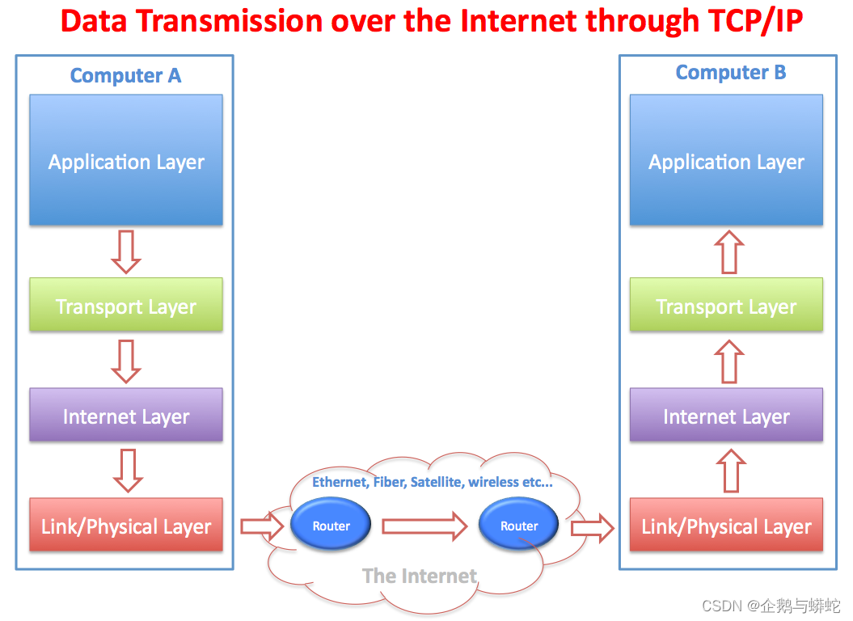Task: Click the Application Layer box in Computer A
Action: point(126,160)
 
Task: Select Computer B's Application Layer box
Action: point(726,160)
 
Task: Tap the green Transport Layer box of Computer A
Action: point(126,305)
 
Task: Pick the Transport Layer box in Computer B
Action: point(726,305)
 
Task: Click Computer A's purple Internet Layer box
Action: point(126,415)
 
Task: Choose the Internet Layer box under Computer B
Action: point(726,415)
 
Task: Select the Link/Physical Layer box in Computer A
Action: point(126,525)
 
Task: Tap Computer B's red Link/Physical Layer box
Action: point(726,525)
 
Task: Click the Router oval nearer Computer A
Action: point(331,525)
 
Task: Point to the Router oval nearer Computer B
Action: point(518,525)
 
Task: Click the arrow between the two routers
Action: point(424,526)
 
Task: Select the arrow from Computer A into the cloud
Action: point(262,526)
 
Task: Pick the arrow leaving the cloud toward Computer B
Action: point(593,528)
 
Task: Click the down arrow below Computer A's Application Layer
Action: point(126,252)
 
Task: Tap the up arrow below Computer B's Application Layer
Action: point(729,252)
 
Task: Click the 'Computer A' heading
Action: point(125,76)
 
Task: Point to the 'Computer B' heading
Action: point(731,73)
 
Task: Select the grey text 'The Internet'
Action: point(420,576)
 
